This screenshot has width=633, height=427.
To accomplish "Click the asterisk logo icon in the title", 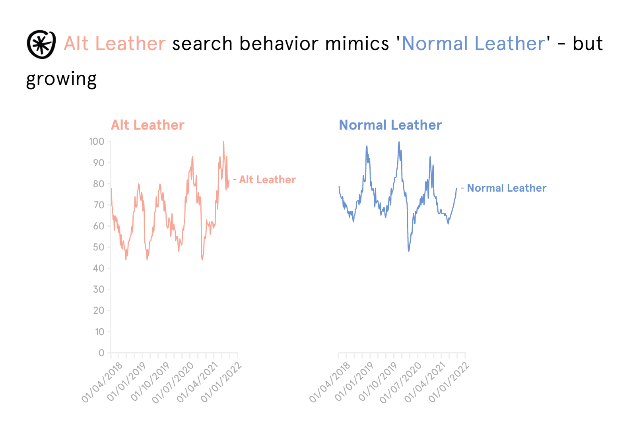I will tap(41, 44).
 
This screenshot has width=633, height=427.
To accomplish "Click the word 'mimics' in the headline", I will tap(357, 43).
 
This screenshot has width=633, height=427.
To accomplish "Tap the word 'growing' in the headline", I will tap(61, 79).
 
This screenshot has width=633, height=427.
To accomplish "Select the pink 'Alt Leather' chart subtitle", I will tap(148, 125).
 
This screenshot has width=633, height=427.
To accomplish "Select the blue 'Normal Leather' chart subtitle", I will tap(390, 125).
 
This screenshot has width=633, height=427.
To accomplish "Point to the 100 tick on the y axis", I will tap(97, 142).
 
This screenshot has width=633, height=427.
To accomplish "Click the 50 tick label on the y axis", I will tap(99, 247).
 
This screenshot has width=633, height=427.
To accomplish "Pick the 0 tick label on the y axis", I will tap(101, 353).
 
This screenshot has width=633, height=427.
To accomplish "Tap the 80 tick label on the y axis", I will tap(99, 184).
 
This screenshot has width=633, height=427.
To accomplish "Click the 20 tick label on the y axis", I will tap(99, 311).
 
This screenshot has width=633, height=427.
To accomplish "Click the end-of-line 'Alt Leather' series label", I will tap(267, 180).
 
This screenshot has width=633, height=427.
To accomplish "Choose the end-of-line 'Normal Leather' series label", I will tap(506, 188).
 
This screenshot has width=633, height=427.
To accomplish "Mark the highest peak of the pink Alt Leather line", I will tap(223, 142).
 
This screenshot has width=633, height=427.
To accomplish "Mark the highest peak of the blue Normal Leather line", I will tap(399, 142).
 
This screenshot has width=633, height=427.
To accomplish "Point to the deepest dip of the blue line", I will tap(409, 251).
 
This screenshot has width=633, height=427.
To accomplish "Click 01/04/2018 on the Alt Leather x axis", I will tap(102, 382).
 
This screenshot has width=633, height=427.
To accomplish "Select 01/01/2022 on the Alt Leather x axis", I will tap(221, 382).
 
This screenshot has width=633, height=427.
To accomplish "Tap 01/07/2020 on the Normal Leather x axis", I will tap(400, 382).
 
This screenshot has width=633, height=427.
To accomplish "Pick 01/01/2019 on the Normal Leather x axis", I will tap(354, 382).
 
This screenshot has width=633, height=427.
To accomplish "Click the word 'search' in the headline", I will tap(202, 43).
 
